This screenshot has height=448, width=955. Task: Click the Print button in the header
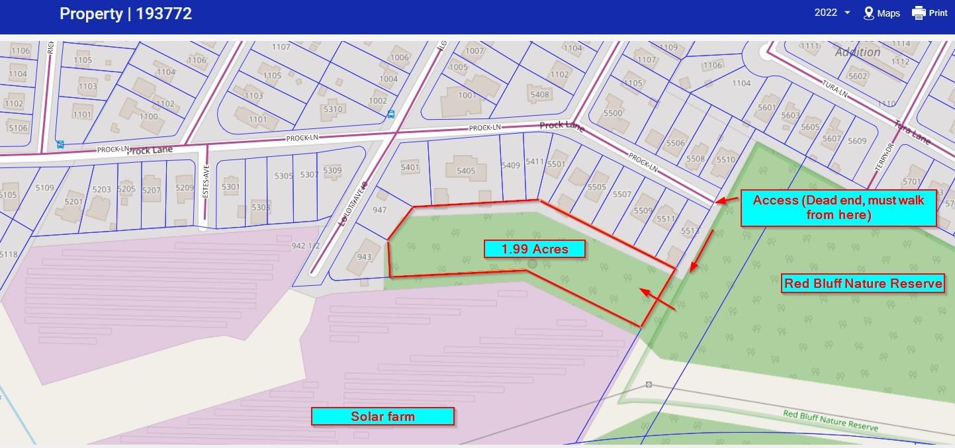[930, 13]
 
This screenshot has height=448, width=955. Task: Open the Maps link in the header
[882, 13]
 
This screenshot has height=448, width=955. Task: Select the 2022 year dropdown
[832, 13]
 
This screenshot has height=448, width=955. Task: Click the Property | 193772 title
[126, 14]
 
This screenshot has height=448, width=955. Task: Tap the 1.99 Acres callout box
[535, 249]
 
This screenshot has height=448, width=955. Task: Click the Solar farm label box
[383, 416]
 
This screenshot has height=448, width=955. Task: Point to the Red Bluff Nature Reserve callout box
[863, 284]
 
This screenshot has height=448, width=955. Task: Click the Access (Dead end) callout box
[839, 207]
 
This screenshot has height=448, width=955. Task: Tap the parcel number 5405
[466, 171]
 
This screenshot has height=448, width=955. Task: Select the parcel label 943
[364, 257]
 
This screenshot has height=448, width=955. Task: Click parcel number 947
[379, 210]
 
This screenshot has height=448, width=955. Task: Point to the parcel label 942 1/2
[306, 245]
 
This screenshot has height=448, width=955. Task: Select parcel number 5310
[333, 110]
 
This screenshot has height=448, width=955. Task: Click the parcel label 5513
[690, 231]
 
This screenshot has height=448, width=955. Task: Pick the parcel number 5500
[613, 113]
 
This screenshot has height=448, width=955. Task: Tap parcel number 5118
[9, 254]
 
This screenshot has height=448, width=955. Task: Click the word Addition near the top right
[857, 52]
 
